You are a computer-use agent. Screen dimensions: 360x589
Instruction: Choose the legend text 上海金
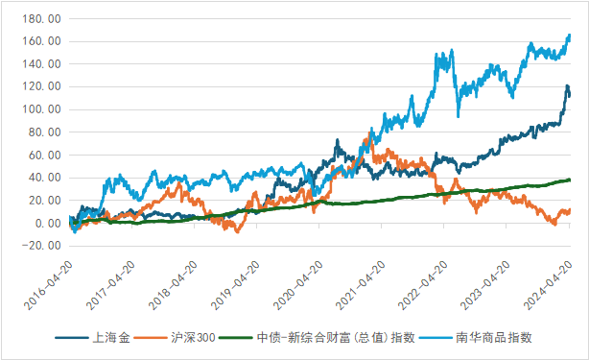click(111, 338)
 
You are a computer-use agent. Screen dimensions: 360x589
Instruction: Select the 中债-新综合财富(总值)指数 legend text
click(335, 338)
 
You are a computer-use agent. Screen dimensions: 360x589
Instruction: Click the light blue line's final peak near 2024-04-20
click(569, 36)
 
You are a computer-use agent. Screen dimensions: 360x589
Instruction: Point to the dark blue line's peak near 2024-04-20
click(566, 86)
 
